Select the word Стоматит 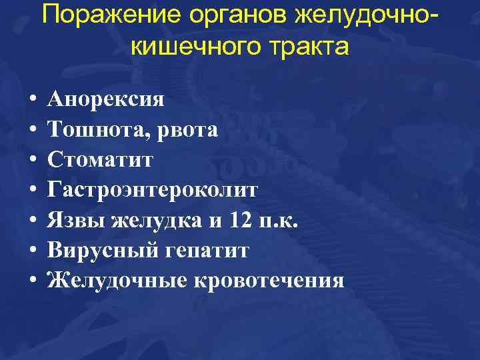coord(101,160)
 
